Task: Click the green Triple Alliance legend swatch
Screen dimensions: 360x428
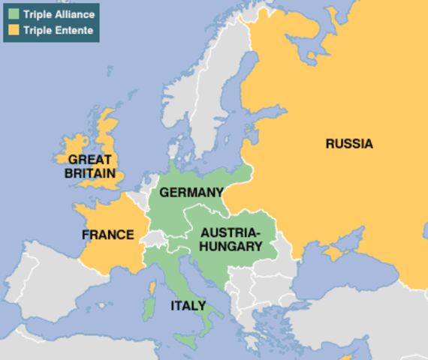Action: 14,15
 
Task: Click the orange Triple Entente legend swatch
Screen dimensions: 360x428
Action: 14,30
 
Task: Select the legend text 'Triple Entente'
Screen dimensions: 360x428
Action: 58,30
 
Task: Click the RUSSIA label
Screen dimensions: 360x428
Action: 348,143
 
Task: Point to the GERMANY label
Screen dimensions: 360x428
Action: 191,192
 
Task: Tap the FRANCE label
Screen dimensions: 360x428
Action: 107,235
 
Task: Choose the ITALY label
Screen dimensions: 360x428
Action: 188,305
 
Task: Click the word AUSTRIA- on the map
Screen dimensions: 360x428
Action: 229,232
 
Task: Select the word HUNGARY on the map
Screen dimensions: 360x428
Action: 230,245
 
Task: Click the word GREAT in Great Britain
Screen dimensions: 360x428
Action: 89,159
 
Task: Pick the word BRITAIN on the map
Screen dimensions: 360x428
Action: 89,172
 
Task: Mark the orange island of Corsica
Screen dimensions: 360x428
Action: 153,288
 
